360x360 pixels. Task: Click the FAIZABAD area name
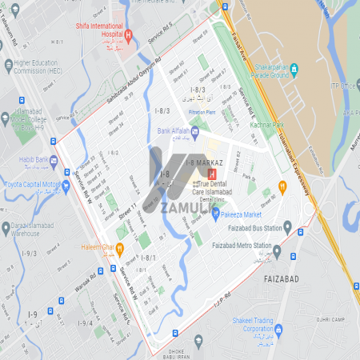(281, 280)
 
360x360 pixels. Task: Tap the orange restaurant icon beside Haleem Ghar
(119, 247)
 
